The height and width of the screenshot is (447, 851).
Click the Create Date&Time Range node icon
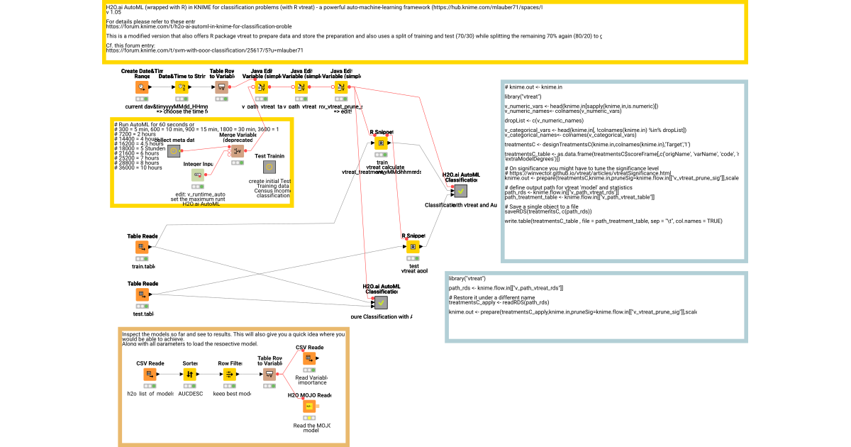coord(142,87)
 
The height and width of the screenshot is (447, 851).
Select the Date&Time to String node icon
coord(182,87)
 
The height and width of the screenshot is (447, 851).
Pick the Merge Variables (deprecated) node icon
coord(238,150)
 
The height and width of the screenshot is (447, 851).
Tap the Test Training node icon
coord(269,167)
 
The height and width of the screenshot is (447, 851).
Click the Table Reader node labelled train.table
coord(142,247)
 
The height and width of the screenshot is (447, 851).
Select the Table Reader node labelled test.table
coord(142,294)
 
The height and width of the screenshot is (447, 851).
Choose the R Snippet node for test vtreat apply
coord(412,247)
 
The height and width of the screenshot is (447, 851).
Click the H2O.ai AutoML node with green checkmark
coord(461,190)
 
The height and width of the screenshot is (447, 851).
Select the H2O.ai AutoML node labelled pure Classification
coord(382,302)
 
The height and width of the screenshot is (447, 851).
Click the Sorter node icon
coord(189,375)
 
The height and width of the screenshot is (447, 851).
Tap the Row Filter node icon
coord(229,375)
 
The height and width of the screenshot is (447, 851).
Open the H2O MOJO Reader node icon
coord(309,407)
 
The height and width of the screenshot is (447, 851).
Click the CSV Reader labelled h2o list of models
coord(150,375)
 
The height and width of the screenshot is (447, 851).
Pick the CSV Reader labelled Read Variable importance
coord(309,359)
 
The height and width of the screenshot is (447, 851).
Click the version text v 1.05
coord(113,13)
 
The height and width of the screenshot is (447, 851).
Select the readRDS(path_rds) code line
coord(489,302)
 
